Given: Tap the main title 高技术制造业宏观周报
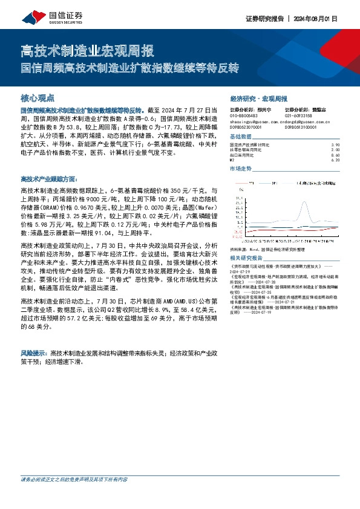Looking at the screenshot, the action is pos(87,50).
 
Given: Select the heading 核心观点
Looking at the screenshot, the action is pos(38,97).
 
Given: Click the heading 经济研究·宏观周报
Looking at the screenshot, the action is pos(258,98).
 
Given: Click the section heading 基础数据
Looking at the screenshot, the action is pos(240,137).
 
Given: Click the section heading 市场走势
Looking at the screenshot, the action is pos(240,169).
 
